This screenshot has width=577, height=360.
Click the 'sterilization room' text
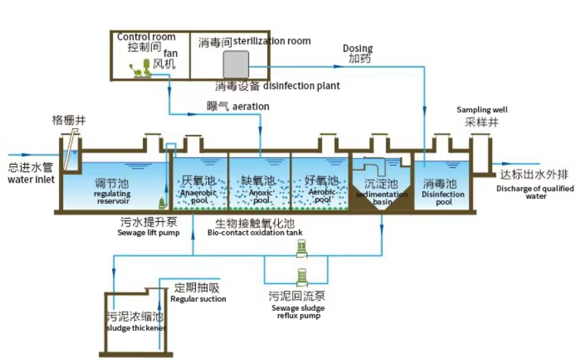(272, 41)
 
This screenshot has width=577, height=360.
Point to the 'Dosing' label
(357, 48)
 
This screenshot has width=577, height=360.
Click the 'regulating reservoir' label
(107, 197)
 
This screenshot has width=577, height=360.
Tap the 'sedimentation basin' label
(382, 197)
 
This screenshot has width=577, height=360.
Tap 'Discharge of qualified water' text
(533, 192)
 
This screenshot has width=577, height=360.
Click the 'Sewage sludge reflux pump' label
(297, 312)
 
